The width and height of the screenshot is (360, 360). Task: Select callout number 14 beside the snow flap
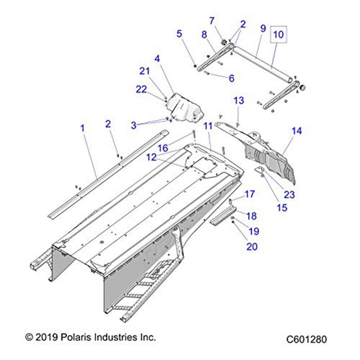(x=297, y=131)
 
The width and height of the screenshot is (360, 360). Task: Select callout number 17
(x=249, y=194)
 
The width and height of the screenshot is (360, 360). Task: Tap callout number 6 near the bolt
(x=231, y=78)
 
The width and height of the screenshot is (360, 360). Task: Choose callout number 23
(x=289, y=195)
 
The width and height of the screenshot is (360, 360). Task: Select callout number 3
(x=134, y=125)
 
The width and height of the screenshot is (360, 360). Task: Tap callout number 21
(x=145, y=71)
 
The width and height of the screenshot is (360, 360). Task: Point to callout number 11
(x=208, y=126)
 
